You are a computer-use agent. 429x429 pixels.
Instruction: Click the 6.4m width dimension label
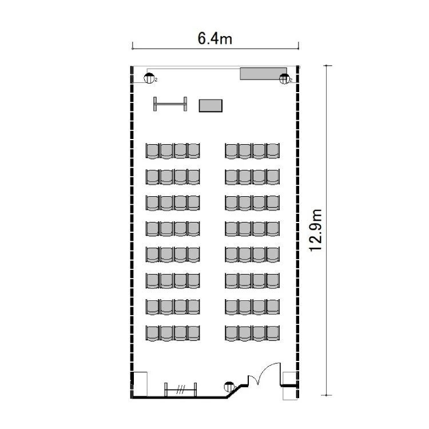[x=214, y=38]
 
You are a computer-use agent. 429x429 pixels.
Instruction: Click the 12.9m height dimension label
[x=315, y=230]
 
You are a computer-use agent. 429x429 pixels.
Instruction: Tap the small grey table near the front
[x=210, y=106]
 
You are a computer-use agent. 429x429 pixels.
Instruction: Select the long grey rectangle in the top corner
[x=263, y=74]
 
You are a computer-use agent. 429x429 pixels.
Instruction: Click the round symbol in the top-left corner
[x=149, y=78]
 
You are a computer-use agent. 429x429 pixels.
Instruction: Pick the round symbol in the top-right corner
[x=284, y=79]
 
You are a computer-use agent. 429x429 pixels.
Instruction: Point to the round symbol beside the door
[x=229, y=387]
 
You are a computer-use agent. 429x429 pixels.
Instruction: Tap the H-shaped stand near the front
[x=170, y=104]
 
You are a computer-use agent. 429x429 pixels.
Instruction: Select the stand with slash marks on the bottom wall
[x=180, y=390]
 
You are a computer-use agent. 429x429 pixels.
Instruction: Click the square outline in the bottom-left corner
[x=140, y=384]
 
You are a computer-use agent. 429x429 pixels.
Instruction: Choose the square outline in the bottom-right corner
[x=289, y=386]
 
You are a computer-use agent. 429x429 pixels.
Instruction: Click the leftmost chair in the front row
[x=152, y=151]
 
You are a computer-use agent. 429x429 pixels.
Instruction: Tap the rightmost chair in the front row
[x=273, y=151]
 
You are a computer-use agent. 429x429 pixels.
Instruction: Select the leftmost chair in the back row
[x=152, y=333]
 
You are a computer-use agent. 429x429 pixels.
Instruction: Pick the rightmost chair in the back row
[x=273, y=333]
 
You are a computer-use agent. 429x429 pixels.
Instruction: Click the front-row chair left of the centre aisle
[x=194, y=151]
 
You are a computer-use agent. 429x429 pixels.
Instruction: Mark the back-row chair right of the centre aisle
[x=232, y=333]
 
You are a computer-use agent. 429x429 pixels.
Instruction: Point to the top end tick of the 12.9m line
[x=326, y=66]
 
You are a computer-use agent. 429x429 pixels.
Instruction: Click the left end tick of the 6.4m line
[x=133, y=46]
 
